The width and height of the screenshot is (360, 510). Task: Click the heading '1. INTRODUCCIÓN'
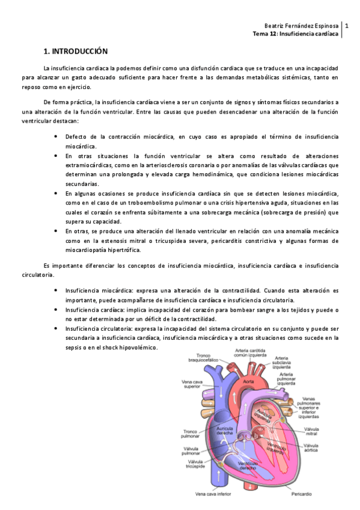coord(75,52)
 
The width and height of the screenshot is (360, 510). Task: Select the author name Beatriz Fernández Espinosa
coord(302,26)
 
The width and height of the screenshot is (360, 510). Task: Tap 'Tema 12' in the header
coord(264,34)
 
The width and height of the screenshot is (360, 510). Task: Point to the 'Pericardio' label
coord(301,494)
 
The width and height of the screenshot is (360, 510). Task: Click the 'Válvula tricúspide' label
coord(192,463)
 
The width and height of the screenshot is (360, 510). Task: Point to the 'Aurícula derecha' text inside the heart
coord(221,429)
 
